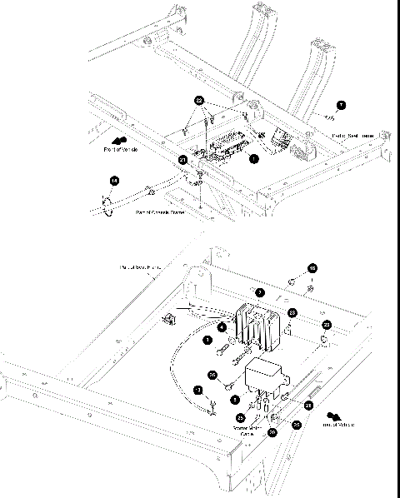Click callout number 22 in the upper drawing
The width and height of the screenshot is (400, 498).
pyautogui.click(x=199, y=100)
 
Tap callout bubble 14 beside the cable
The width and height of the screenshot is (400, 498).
pyautogui.click(x=115, y=180)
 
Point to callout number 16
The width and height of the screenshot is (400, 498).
pyautogui.click(x=312, y=268)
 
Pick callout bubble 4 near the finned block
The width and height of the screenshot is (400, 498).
pyautogui.click(x=222, y=327)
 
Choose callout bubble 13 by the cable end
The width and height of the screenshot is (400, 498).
pyautogui.click(x=197, y=390)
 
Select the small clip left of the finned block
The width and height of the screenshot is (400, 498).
pyautogui.click(x=169, y=318)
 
